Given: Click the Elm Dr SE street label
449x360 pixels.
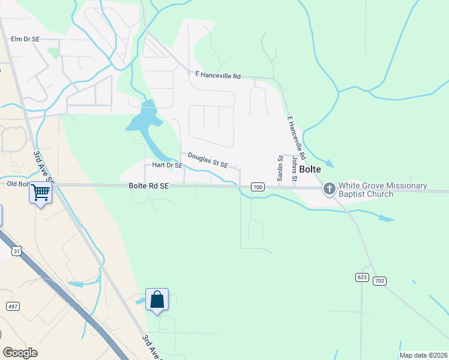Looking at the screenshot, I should point(25,39).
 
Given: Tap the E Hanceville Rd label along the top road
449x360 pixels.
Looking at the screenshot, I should point(218,76).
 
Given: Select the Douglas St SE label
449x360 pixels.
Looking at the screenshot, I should point(208,160).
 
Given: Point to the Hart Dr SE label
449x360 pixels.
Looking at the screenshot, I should point(167,165).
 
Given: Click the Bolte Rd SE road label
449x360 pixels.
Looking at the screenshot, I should point(149,187).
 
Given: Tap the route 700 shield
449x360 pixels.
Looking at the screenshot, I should point(258,187).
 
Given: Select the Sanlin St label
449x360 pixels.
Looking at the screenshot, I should point(280,167).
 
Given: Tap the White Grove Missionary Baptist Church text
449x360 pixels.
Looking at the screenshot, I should point(382,190).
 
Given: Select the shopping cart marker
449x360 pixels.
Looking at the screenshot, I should point(41,193).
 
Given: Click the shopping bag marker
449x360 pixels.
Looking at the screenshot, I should point(157,299).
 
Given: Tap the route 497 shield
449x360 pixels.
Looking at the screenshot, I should point(12,306).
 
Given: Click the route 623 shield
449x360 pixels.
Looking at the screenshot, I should point(361,277).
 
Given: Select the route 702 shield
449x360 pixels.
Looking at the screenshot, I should point(379,281).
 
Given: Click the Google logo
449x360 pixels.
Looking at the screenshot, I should point(20,353).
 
